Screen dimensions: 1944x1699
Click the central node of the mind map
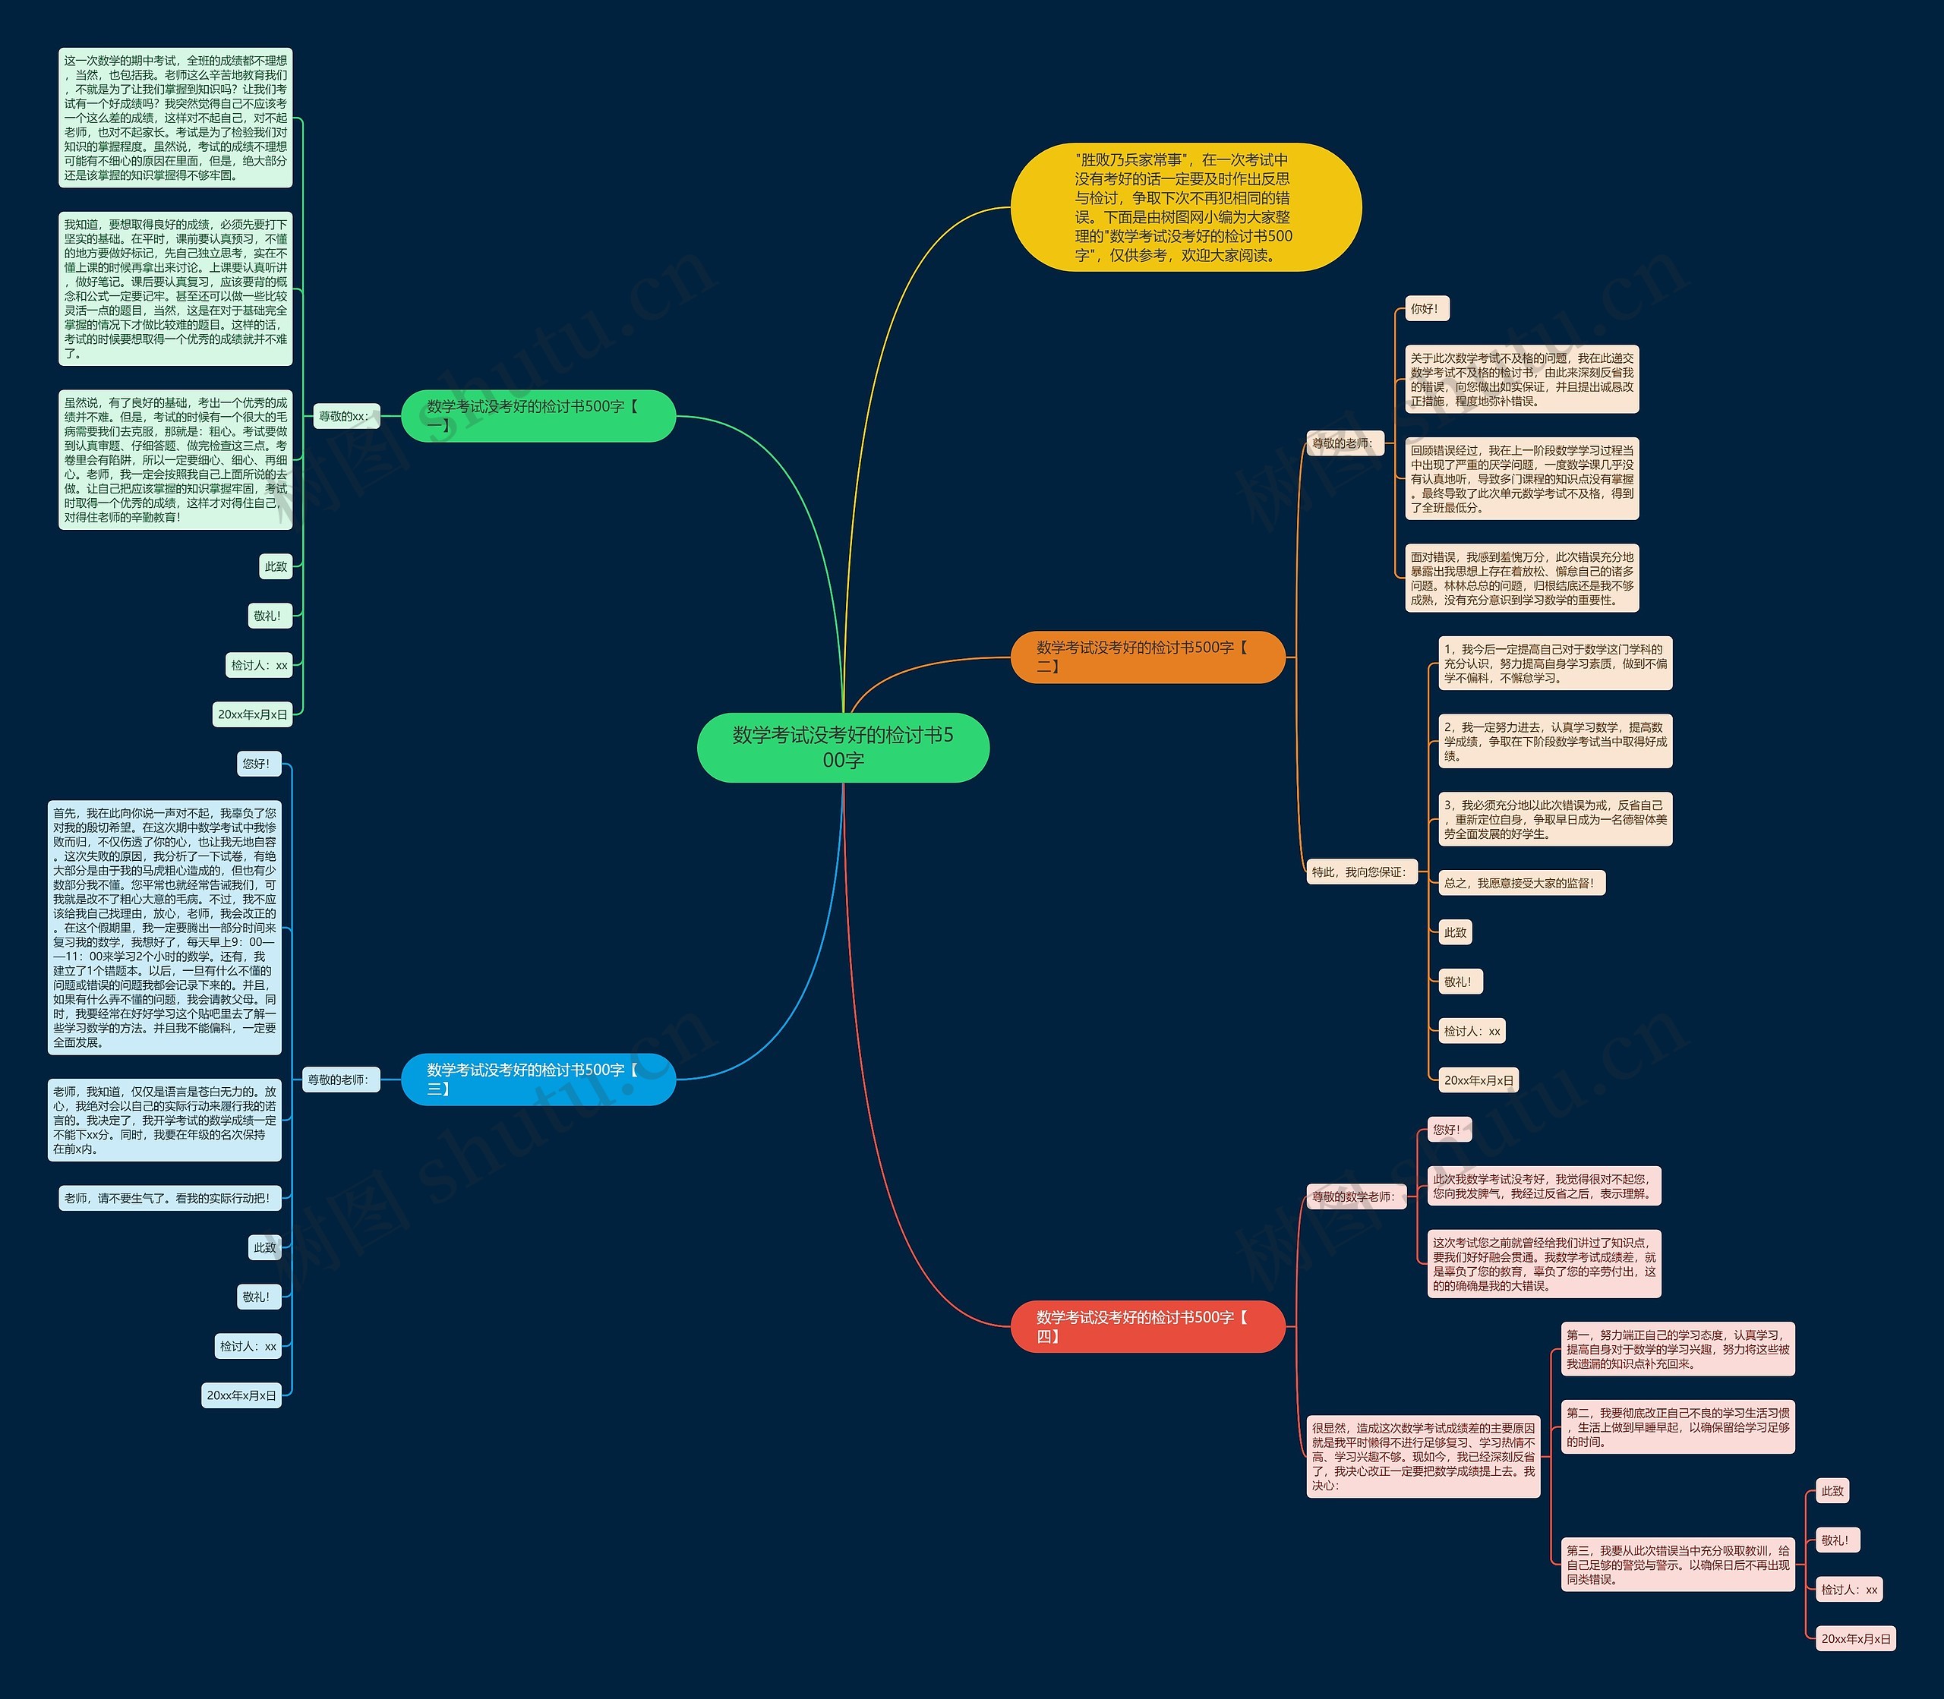pyautogui.click(x=843, y=747)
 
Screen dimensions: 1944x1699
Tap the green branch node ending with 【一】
pyautogui.click(x=538, y=415)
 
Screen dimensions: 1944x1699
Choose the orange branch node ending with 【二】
pyautogui.click(x=1148, y=656)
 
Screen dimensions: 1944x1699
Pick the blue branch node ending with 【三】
pyautogui.click(x=538, y=1079)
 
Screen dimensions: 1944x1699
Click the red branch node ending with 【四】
pyautogui.click(x=1148, y=1326)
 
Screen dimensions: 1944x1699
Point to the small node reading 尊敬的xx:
pyautogui.click(x=346, y=416)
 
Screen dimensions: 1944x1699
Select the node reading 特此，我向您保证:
pyautogui.click(x=1362, y=872)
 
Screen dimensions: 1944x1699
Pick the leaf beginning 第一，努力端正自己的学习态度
pyautogui.click(x=1677, y=1349)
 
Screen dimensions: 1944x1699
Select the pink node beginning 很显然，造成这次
pyautogui.click(x=1423, y=1456)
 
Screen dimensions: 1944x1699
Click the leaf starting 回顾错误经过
pyautogui.click(x=1522, y=479)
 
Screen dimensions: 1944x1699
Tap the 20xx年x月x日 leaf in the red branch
pyautogui.click(x=1856, y=1638)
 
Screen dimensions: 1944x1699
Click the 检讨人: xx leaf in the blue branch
pyautogui.click(x=248, y=1345)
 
